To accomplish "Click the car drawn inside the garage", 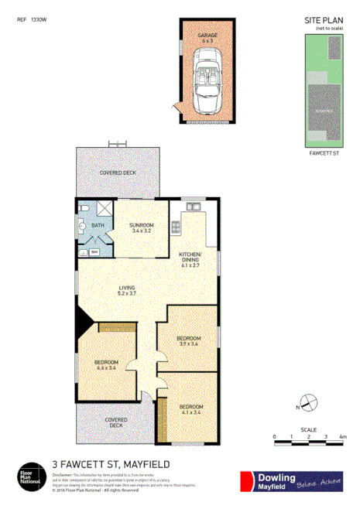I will [208, 79].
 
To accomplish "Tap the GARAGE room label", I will [207, 36].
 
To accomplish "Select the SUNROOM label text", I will [142, 227].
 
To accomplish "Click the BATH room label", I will [98, 225].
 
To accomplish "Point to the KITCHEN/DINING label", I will [190, 257].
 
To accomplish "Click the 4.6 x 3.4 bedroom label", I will [106, 366].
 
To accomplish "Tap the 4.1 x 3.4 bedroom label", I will [190, 409].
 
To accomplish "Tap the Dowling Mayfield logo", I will [290, 480].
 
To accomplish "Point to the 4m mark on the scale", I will [342, 437].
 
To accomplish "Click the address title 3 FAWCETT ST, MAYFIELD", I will [111, 464].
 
